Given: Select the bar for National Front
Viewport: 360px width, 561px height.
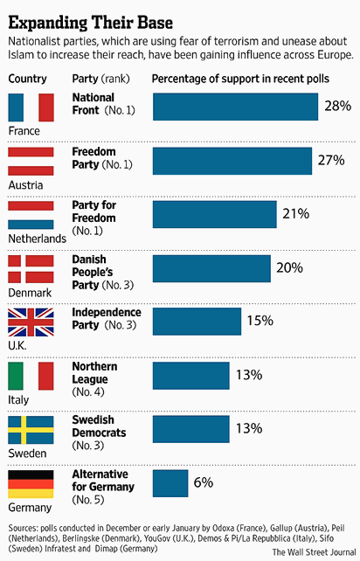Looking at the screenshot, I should (235, 107).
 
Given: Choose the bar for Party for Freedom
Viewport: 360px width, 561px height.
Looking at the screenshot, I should (214, 214).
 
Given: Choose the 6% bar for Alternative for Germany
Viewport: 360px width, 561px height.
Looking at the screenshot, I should (170, 483).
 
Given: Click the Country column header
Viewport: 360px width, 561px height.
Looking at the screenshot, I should (28, 79).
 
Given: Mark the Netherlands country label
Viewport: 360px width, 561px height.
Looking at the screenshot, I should (36, 239).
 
